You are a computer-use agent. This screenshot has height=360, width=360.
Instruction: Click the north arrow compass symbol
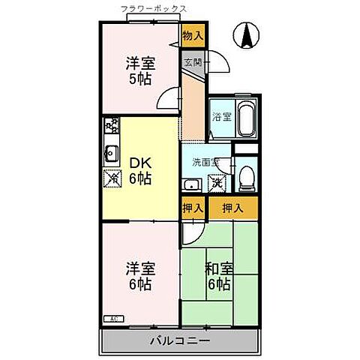click(247, 34)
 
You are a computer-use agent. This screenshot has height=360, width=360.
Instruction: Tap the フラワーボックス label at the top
click(154, 8)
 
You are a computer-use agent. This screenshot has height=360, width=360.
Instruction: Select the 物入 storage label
click(193, 34)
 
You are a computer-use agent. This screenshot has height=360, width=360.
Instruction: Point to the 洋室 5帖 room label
click(140, 72)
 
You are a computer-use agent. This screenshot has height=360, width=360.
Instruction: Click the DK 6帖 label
click(141, 169)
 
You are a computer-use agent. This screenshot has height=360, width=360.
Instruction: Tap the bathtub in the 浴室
click(244, 118)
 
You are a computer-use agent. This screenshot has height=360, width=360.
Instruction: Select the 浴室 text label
click(220, 117)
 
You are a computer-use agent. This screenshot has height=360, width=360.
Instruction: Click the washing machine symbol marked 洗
click(217, 182)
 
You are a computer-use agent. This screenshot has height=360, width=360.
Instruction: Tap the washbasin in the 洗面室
click(192, 185)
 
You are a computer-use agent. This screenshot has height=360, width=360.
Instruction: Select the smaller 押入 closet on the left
click(193, 208)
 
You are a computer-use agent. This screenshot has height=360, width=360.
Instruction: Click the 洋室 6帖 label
click(140, 275)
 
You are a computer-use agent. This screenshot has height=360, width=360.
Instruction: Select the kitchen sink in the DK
click(110, 154)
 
